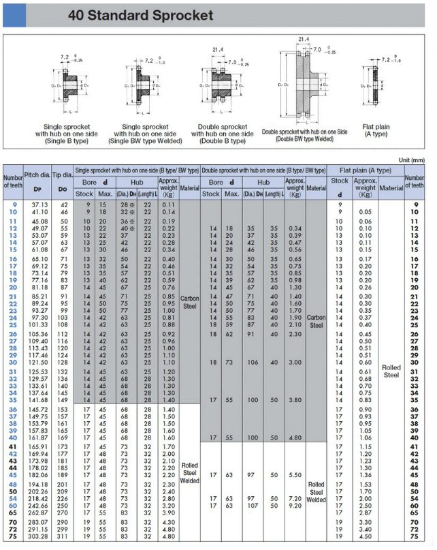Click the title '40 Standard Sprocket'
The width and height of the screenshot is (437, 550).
(x=140, y=15)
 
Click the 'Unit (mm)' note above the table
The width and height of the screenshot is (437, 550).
(x=411, y=159)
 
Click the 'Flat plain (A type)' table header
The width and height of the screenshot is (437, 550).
(x=366, y=170)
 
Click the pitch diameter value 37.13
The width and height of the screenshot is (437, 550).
(x=37, y=204)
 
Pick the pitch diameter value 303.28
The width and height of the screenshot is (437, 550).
(x=37, y=537)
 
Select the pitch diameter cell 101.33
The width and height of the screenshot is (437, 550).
(x=37, y=324)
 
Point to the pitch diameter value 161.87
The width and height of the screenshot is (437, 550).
(x=37, y=438)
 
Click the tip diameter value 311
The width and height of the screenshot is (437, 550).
(x=63, y=537)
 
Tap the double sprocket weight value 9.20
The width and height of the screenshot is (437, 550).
(x=295, y=506)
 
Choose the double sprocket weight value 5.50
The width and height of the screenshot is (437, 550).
(x=295, y=475)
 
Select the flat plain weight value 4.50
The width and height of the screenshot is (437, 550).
(x=366, y=537)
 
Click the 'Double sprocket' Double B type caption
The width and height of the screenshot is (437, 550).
(x=222, y=134)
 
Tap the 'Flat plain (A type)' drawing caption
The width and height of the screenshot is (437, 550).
(x=376, y=130)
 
